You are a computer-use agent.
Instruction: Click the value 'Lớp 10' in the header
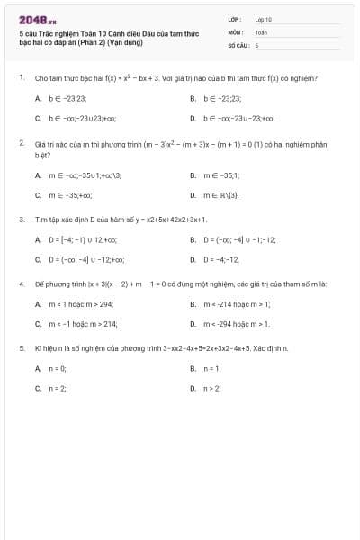pos(264,19)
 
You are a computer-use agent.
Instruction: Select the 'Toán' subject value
pos(261,31)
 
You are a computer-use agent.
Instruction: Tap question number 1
pos(21,78)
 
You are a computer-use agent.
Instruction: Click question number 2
pos(21,142)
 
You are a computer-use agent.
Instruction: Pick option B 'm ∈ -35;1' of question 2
pos(220,175)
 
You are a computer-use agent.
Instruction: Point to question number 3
pos(21,219)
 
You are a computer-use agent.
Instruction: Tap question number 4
pos(21,283)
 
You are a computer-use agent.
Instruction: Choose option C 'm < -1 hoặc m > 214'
pos(82,324)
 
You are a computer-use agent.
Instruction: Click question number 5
pos(21,347)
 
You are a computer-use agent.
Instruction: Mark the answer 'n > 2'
pos(211,388)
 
